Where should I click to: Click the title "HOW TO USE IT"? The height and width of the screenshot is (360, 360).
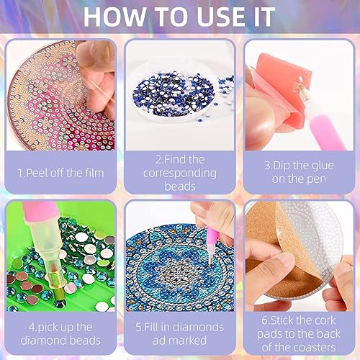click(x=180, y=17)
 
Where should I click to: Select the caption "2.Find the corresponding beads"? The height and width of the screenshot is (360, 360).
click(x=179, y=173)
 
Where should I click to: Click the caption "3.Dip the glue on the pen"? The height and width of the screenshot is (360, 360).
click(x=298, y=173)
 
